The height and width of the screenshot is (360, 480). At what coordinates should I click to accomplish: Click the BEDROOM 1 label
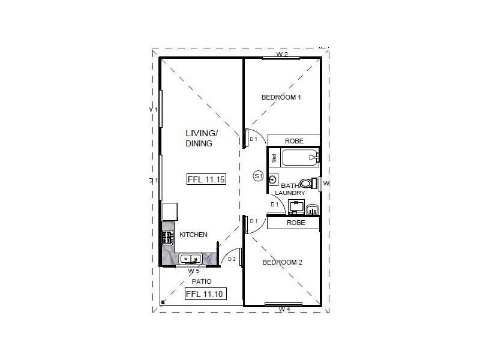tap(281, 97)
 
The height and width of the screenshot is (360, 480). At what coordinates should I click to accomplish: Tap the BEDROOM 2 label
tap(282, 262)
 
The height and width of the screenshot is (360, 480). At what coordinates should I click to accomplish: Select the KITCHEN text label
tap(193, 235)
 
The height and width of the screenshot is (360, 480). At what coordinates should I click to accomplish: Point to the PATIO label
tap(201, 281)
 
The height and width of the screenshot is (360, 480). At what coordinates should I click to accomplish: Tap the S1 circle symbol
tap(259, 176)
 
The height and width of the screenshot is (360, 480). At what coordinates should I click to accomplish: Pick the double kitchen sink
tap(191, 260)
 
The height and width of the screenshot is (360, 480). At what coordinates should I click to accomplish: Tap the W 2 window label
tap(282, 55)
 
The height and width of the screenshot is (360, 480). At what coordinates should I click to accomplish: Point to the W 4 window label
tap(284, 310)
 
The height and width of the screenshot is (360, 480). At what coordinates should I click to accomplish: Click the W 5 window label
tap(194, 271)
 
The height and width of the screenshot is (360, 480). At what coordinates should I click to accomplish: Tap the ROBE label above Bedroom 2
tap(295, 223)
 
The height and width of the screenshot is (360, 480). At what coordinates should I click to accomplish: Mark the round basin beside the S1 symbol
tap(274, 179)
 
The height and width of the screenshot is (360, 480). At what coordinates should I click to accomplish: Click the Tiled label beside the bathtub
tap(274, 158)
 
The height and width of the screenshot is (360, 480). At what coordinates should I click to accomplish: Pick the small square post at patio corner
tap(163, 302)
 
